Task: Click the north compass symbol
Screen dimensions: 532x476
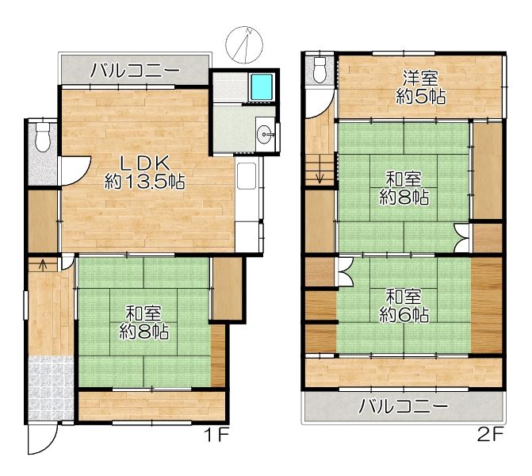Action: click(244, 44)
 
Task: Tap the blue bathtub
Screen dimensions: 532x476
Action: click(262, 86)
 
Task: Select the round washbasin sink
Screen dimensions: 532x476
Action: click(266, 134)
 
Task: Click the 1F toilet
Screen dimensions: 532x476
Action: click(43, 136)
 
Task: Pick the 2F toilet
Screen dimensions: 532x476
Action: click(320, 69)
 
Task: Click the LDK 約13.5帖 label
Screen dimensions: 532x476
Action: click(145, 173)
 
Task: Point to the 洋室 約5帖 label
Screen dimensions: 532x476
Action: click(421, 87)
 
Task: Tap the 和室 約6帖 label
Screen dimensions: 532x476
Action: click(404, 305)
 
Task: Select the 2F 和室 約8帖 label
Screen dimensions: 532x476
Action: click(404, 189)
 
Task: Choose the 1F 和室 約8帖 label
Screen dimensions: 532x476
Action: click(144, 323)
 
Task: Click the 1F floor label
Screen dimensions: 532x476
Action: click(216, 435)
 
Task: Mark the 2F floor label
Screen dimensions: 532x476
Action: click(490, 435)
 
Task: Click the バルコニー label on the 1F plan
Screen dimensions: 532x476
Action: click(135, 71)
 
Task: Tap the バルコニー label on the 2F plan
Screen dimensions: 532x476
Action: click(404, 406)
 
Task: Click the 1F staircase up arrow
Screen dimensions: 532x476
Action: click(43, 265)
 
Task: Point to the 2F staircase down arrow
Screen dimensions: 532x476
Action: click(320, 178)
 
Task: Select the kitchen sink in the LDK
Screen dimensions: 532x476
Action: click(247, 176)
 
